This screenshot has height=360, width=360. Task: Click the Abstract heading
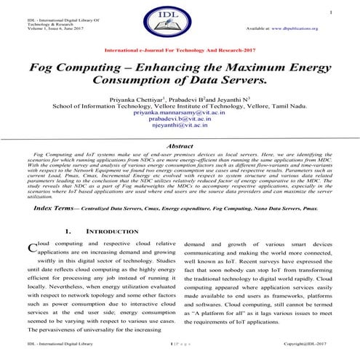point(180,146)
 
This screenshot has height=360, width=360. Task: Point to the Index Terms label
point(55,208)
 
